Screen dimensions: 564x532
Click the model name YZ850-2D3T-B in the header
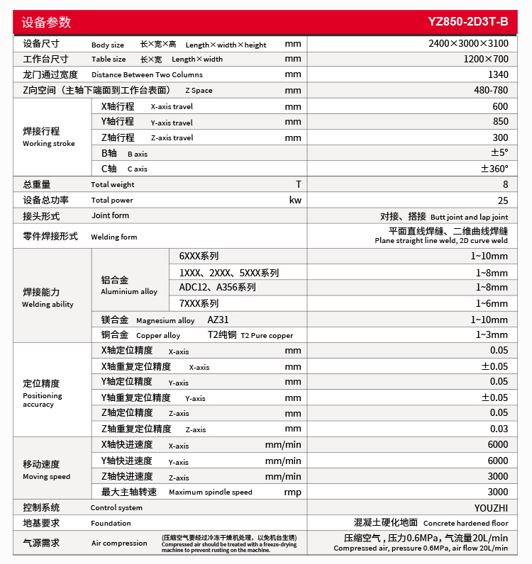(x=468, y=21)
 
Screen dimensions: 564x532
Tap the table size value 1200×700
(x=486, y=59)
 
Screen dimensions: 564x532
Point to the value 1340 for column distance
(x=498, y=74)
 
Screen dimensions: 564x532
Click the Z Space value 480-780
(x=491, y=90)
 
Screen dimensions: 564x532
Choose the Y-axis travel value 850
(x=500, y=122)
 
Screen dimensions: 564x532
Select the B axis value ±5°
(x=499, y=153)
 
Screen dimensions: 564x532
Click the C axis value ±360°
(x=494, y=169)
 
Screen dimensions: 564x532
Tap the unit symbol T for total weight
(x=299, y=184)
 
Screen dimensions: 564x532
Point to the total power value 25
(x=503, y=200)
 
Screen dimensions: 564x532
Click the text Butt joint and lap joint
(x=469, y=217)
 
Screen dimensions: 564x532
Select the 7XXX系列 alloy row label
(x=199, y=303)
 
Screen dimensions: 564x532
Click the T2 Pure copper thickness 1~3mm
(x=492, y=334)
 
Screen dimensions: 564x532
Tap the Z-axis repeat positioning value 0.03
(x=499, y=429)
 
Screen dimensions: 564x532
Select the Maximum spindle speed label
(x=210, y=492)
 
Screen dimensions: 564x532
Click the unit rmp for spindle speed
(x=292, y=492)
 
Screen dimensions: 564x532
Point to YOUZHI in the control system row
(x=491, y=507)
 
